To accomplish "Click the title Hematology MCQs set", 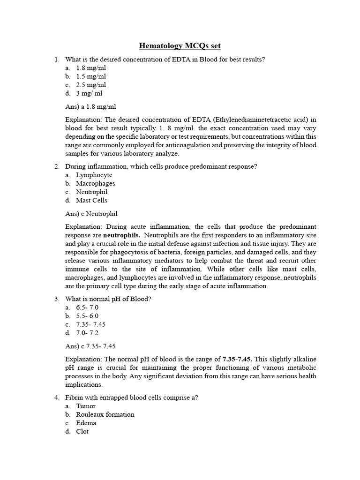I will point(180,46).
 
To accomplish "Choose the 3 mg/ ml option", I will point(89,93).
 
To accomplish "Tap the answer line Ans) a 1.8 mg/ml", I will point(90,106).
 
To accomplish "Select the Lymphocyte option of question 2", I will point(94,175).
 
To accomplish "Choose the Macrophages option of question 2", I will point(95,183).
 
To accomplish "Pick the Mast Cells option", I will point(91,200).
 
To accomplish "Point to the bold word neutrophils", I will point(121,235).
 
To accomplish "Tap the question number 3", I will point(56,299).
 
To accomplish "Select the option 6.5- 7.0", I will point(87,307).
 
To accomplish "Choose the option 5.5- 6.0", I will point(87,315).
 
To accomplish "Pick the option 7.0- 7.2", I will point(87,333).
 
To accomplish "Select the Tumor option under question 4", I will point(86,406).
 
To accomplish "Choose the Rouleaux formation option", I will point(105,414).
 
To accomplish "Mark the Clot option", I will point(82,431).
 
